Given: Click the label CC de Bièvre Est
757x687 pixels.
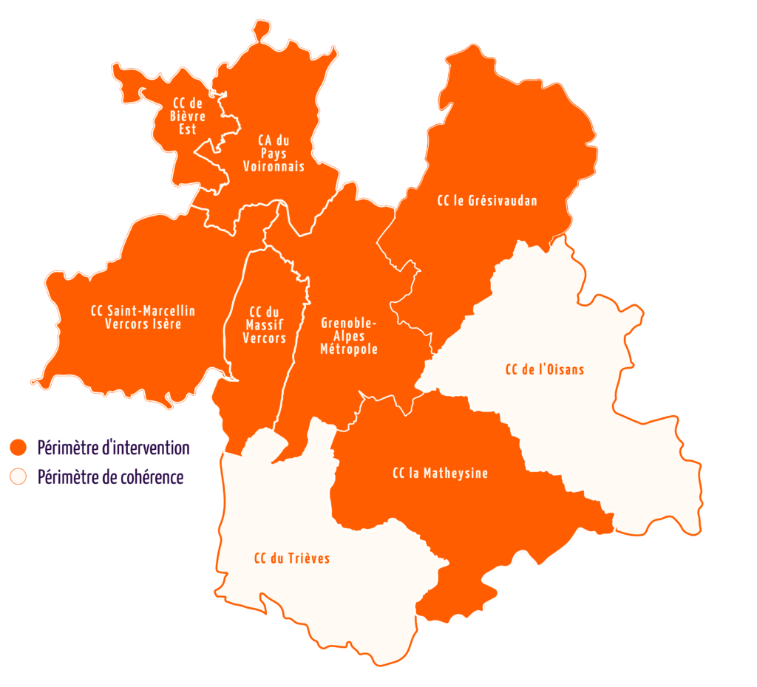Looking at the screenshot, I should (188, 117).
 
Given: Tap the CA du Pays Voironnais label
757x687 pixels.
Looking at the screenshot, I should (274, 153).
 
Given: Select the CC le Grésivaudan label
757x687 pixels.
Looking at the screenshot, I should (487, 200).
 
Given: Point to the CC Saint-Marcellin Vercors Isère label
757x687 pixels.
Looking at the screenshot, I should (143, 317).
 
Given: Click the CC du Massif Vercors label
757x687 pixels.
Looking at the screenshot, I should (265, 324).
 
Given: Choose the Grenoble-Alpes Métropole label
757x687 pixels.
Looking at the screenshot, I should (349, 336).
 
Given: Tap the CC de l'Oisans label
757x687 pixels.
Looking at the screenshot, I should (545, 369).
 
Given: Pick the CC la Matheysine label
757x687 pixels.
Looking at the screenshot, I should (441, 474).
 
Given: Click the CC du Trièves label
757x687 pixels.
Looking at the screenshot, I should (292, 558).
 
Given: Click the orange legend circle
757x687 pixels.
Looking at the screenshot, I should (18, 448).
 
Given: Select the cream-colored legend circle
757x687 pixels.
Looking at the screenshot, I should (18, 477).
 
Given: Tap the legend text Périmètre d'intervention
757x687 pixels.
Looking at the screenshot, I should (113, 448).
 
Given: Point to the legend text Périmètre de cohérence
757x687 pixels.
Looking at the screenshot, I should (110, 477).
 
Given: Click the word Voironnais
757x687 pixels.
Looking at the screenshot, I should (274, 167).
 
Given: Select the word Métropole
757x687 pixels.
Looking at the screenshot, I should (349, 349).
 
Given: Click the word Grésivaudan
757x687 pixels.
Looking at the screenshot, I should (503, 200).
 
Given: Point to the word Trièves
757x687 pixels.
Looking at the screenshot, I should (309, 558).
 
